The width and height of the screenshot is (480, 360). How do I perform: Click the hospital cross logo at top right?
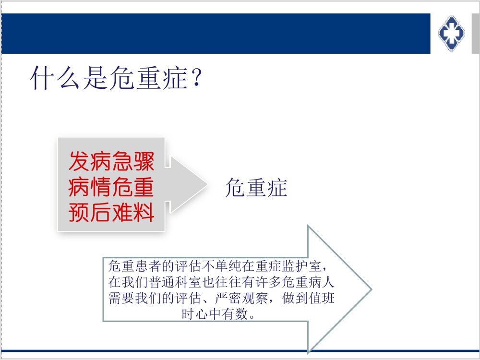tap(452, 33)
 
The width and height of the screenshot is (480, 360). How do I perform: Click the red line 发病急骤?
tap(111, 161)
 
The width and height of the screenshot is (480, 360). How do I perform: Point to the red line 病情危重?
tap(111, 187)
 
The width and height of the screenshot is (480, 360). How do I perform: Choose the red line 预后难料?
tap(111, 212)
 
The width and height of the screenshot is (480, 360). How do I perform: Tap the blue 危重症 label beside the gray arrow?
tap(256, 188)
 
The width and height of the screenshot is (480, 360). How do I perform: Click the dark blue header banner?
tap(216, 33)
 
